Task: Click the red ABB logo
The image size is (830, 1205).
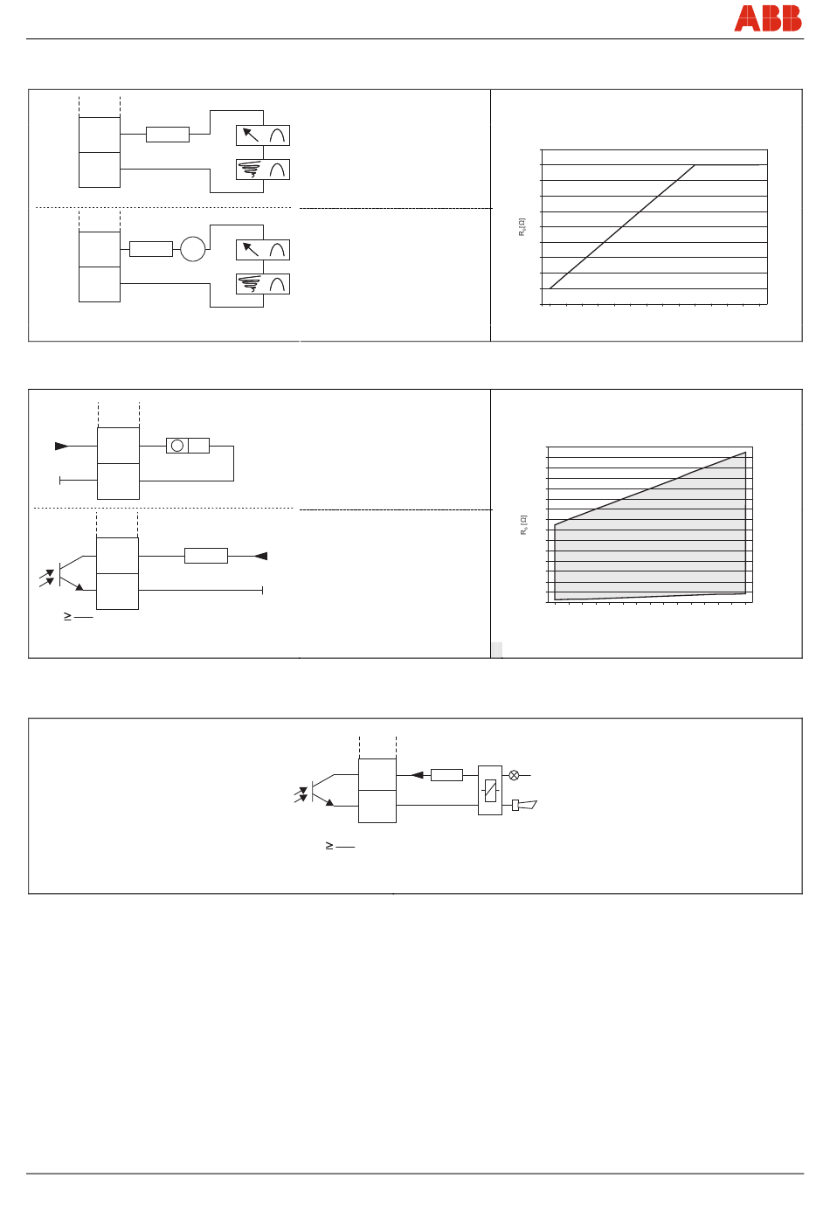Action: (x=768, y=18)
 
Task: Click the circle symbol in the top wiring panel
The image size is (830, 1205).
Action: (x=192, y=249)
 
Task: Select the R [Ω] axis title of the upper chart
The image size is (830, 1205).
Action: (x=522, y=227)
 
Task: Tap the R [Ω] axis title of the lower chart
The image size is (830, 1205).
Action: (x=524, y=524)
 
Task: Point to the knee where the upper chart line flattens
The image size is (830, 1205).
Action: (x=695, y=165)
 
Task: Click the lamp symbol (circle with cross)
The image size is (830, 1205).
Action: (x=514, y=775)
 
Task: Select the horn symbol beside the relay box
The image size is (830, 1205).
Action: (x=525, y=805)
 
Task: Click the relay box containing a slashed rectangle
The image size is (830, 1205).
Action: (x=490, y=790)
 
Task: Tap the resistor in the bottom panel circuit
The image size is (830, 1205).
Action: (x=446, y=775)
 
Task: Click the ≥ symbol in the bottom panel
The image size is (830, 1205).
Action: (x=329, y=846)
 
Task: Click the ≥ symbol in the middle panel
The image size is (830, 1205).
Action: (x=67, y=616)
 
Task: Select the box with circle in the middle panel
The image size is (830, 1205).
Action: (x=187, y=446)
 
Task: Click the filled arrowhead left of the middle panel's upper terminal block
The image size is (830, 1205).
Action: (x=61, y=447)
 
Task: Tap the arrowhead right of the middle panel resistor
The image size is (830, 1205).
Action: (x=260, y=556)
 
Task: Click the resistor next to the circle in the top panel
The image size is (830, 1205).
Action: (x=150, y=249)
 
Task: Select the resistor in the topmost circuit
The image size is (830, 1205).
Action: (x=167, y=135)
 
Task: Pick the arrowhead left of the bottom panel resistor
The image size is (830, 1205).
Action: (x=418, y=775)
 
